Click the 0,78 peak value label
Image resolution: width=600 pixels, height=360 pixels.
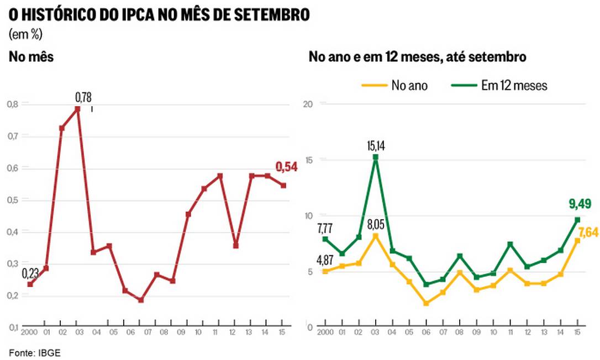pos(83,98)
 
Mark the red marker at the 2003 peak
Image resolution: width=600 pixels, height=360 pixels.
pos(78,109)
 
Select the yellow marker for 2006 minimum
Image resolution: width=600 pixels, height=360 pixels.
pos(426,303)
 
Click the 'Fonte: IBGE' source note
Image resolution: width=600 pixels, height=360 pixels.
pos(34,352)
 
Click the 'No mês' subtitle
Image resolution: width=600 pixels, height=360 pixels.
pos(31,57)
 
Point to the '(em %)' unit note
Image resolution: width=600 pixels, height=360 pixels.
pos(26,34)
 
